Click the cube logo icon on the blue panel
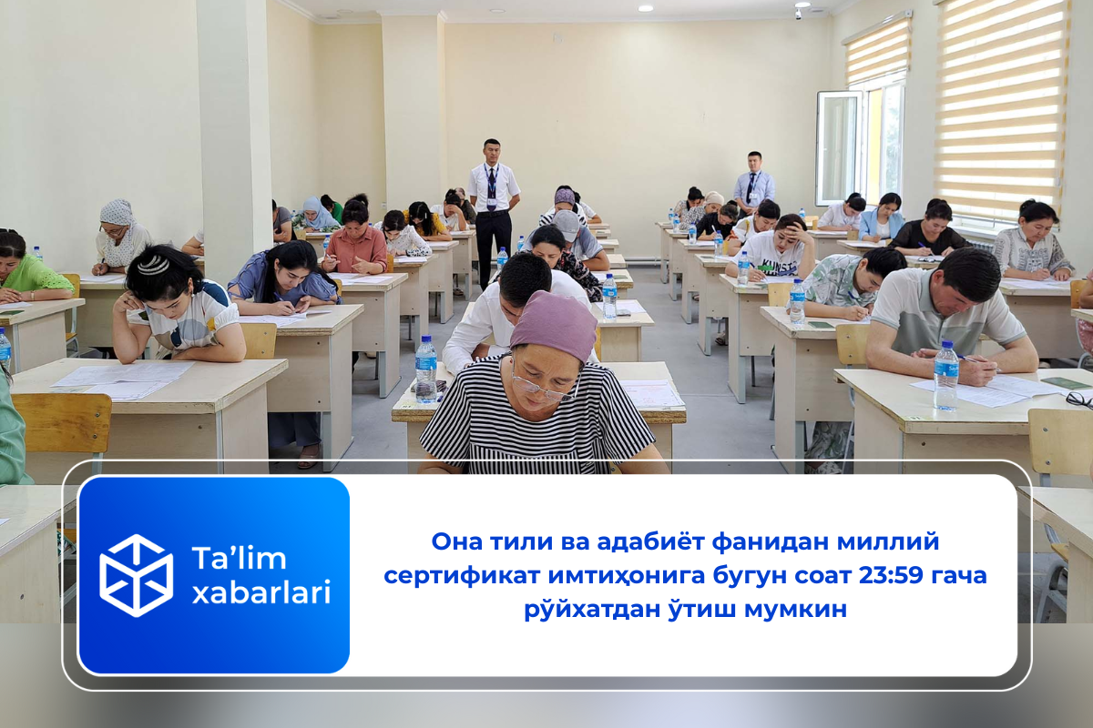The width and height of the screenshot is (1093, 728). [x=136, y=575]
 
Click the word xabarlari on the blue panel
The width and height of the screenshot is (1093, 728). [x=261, y=592]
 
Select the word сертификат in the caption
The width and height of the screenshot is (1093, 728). [x=462, y=575]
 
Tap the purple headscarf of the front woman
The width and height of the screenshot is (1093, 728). [x=554, y=324]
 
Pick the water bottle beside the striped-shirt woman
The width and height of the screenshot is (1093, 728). [x=426, y=369]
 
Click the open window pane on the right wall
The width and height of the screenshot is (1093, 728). [x=839, y=148]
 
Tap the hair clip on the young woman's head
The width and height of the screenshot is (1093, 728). [x=153, y=266]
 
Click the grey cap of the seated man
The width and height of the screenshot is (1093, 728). [x=566, y=226]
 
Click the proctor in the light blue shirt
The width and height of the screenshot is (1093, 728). [x=753, y=184]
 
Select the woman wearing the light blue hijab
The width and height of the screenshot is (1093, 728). [x=316, y=215]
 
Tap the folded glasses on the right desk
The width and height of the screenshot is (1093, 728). [x=1079, y=399]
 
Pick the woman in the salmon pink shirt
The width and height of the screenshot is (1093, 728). [x=355, y=238]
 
